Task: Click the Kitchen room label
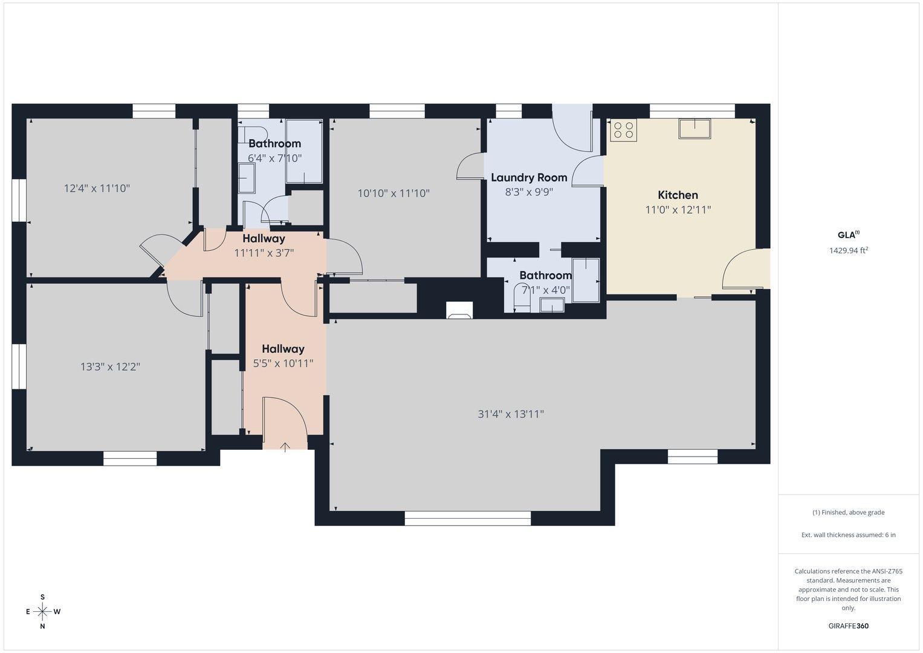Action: pos(678,195)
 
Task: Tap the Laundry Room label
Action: pos(529,178)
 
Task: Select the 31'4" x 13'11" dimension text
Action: pos(511,414)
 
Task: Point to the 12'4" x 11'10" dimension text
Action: pos(97,189)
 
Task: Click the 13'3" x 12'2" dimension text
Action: pos(110,366)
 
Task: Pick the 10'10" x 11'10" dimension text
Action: pos(393,193)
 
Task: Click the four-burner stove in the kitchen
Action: pos(623,130)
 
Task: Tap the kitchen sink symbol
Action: pos(695,128)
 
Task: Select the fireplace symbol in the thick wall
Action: pos(459,310)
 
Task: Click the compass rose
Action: pos(42,611)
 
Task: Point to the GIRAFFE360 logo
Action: pos(849,626)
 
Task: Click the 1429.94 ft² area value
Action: pos(849,250)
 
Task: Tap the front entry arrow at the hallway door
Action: pos(285,447)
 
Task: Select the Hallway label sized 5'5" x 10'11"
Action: pos(283,349)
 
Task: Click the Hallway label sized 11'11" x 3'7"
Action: pos(264,239)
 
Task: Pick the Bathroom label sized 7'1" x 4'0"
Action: pos(546,275)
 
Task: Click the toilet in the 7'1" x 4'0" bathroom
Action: pos(522,298)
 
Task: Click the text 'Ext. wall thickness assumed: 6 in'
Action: pos(849,534)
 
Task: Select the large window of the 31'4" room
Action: pos(468,518)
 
